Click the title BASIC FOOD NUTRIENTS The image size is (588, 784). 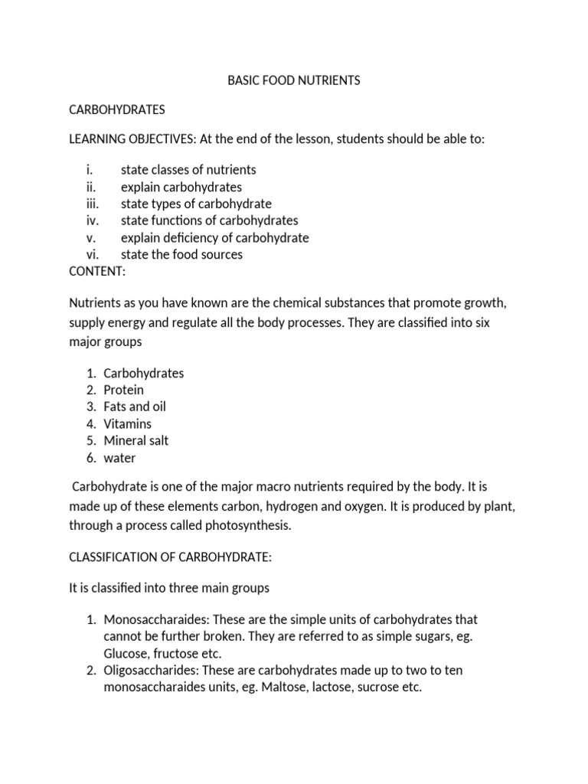tap(294, 80)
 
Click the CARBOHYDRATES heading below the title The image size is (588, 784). tap(117, 109)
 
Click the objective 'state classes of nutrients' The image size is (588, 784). tap(188, 170)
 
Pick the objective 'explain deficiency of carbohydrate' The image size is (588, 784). tap(214, 237)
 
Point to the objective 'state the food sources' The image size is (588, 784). tap(181, 254)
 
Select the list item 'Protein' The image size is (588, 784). tap(123, 390)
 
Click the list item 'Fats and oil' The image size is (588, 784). tap(135, 407)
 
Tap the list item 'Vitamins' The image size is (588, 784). tap(128, 423)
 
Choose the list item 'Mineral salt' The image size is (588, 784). tap(136, 440)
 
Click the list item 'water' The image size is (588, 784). tap(119, 458)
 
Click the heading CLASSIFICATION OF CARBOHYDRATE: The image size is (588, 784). tap(170, 558)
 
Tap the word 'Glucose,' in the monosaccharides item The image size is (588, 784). tap(126, 653)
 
